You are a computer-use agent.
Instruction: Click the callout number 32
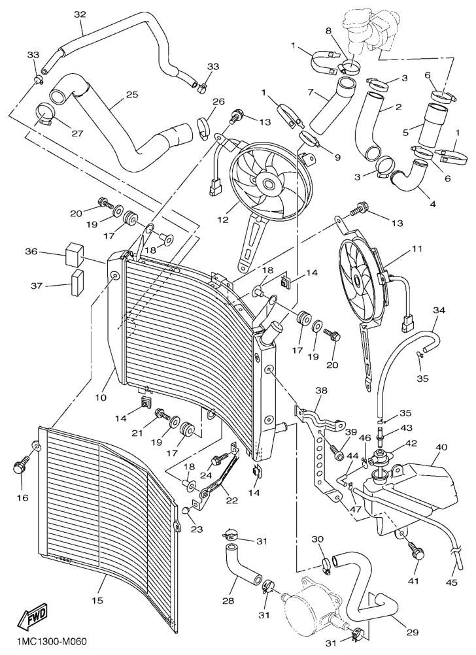coord(80,14)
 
